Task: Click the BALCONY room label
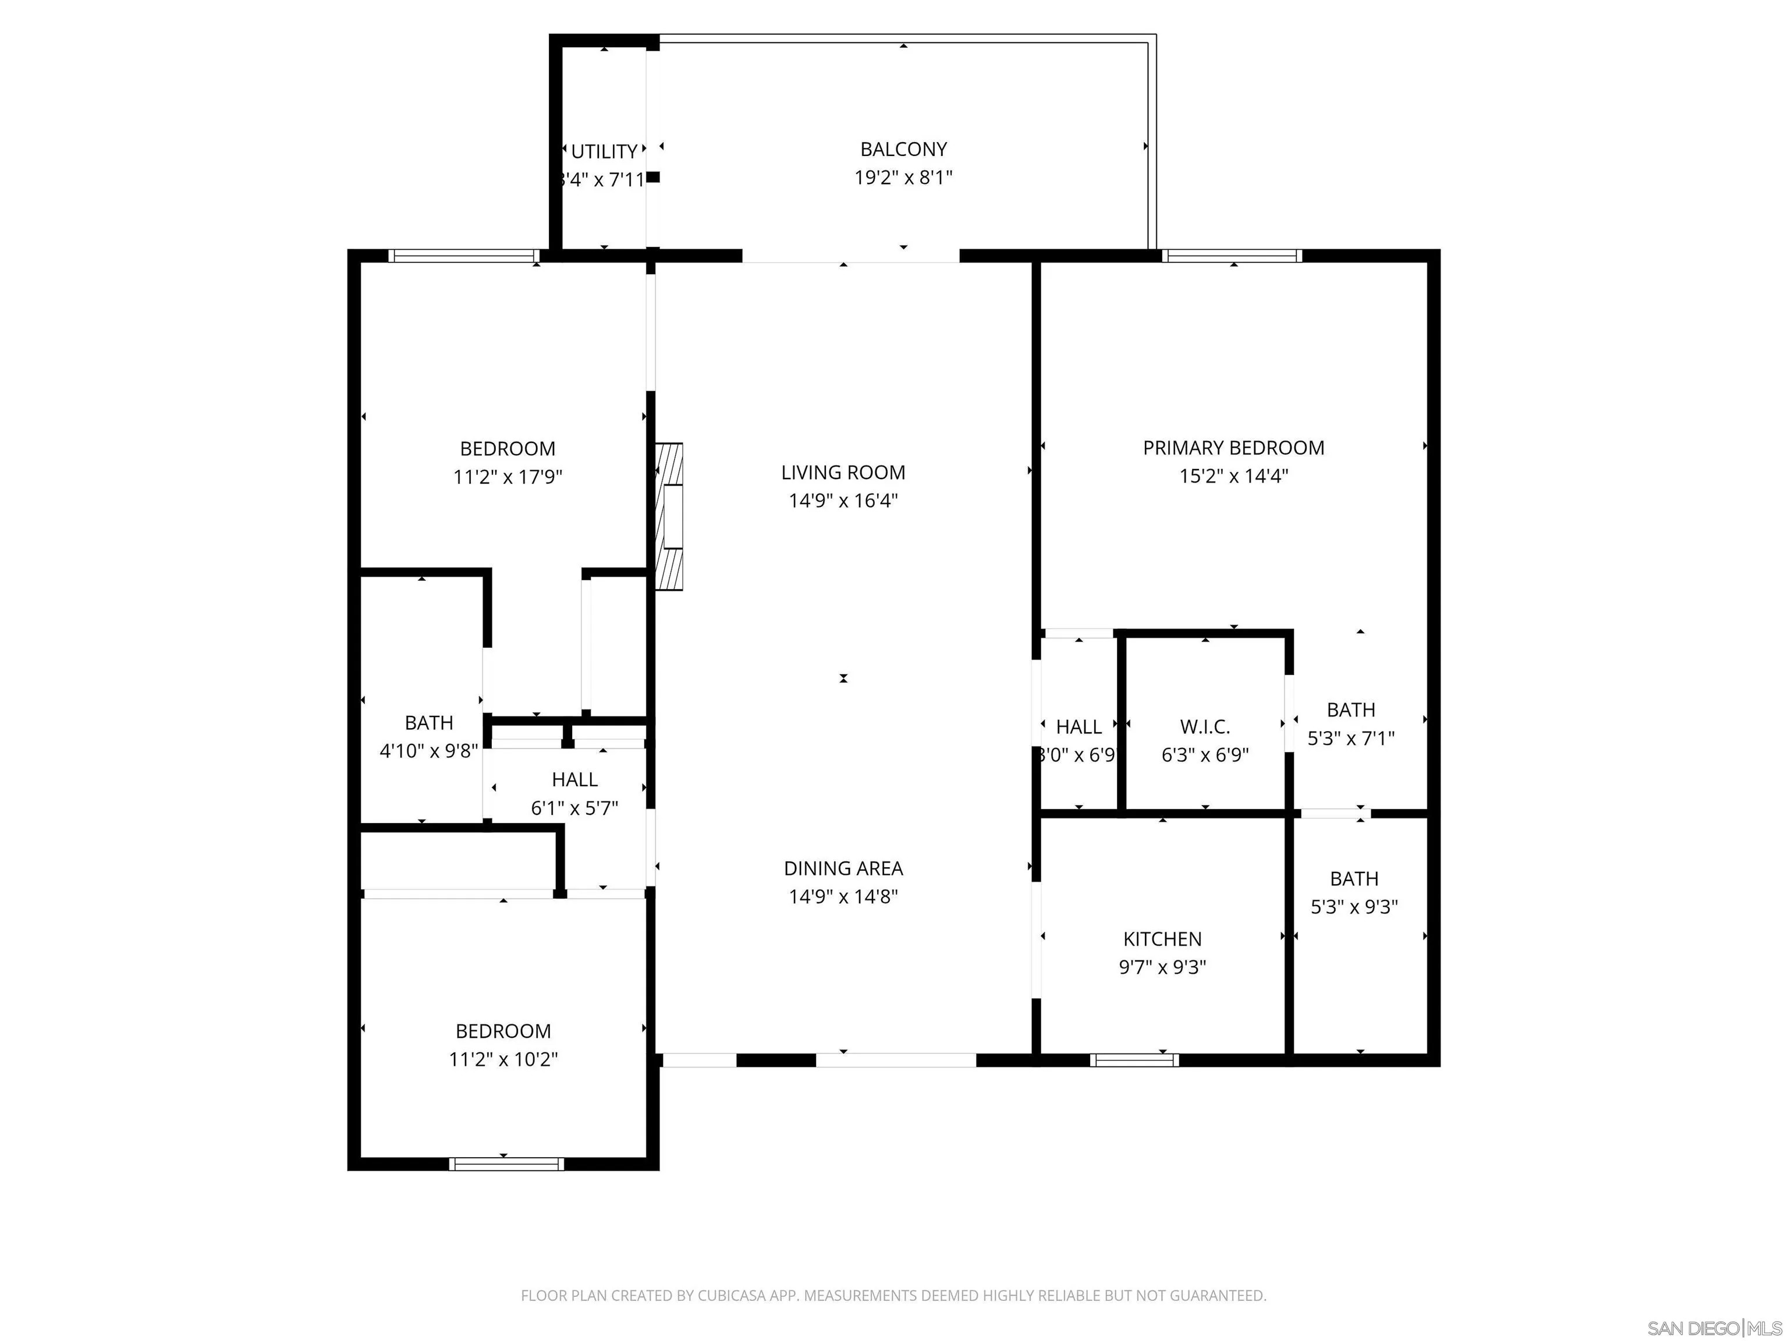[903, 150]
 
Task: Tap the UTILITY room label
[604, 152]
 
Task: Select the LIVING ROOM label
[843, 472]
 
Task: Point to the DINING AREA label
[843, 868]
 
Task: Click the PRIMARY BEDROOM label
[1233, 448]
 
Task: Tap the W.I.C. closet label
[1204, 727]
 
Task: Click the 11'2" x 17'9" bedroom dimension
[508, 477]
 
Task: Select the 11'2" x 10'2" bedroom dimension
[503, 1059]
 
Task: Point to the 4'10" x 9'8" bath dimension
[429, 751]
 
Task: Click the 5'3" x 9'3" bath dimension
[1354, 907]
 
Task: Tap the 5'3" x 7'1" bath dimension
[1351, 738]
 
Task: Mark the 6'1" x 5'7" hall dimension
[574, 807]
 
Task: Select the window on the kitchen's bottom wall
[1134, 1060]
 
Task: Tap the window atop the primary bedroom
[1232, 256]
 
